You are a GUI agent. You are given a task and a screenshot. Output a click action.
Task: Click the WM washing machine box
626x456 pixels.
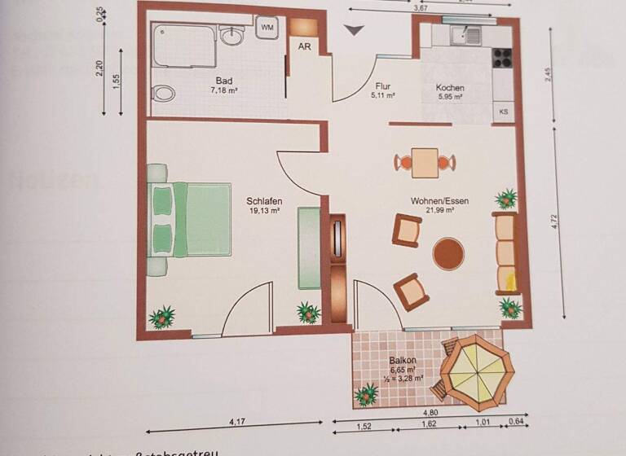coord(267,28)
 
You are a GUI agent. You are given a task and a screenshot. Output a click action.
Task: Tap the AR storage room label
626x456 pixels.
coord(304,47)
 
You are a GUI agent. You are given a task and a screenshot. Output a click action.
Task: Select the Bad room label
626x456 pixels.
coord(223,81)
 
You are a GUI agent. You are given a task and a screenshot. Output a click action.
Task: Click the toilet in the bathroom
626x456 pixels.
coord(164,93)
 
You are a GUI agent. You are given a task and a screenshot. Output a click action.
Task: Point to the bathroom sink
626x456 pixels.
coord(233,35)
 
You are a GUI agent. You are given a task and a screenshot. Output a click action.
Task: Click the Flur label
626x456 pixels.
coord(383,85)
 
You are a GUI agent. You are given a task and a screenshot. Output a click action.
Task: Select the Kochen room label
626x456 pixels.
coord(449,88)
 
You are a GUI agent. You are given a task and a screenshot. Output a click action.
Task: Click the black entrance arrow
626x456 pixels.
coord(354,31)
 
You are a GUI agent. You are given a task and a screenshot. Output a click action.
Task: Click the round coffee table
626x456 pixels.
coord(447,253)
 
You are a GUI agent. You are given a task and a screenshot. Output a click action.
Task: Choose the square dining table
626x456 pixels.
coord(424,162)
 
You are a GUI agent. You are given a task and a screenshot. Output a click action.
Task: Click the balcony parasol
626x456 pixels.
coord(476,370)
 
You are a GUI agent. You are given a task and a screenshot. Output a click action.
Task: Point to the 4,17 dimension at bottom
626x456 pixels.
coord(237,422)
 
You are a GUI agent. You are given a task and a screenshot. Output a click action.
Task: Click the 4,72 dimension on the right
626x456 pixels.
coord(554,227)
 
